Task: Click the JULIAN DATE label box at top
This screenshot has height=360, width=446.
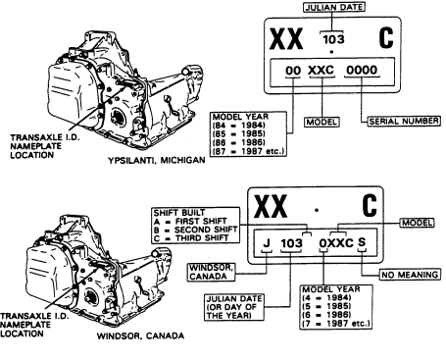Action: pyautogui.click(x=334, y=7)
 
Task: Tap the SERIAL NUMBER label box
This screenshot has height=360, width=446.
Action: pyautogui.click(x=404, y=121)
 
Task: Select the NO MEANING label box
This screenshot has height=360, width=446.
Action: pyautogui.click(x=410, y=275)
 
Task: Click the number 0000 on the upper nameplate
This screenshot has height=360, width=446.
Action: pyautogui.click(x=362, y=70)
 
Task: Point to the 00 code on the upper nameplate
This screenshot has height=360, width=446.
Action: pyautogui.click(x=293, y=71)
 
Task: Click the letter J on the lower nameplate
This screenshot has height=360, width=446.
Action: pyautogui.click(x=267, y=243)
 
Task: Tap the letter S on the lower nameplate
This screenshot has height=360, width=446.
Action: pyautogui.click(x=362, y=242)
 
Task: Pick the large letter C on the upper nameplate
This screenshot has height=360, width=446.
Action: pyautogui.click(x=386, y=38)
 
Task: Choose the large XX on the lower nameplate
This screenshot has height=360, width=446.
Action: pyautogui.click(x=271, y=206)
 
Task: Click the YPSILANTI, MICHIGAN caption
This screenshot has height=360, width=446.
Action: pyautogui.click(x=157, y=160)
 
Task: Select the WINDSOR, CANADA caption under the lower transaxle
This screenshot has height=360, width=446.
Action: pyautogui.click(x=140, y=335)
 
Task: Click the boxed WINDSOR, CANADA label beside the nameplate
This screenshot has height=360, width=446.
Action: pyautogui.click(x=212, y=272)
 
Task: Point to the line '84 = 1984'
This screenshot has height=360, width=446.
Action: pyautogui.click(x=238, y=126)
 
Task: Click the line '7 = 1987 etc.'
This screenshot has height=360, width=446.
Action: pyautogui.click(x=336, y=324)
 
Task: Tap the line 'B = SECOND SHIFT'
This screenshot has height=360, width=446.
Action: pyautogui.click(x=196, y=230)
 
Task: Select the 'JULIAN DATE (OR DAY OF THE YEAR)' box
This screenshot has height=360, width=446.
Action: pyautogui.click(x=234, y=307)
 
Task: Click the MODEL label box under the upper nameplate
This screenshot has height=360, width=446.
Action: pyautogui.click(x=322, y=122)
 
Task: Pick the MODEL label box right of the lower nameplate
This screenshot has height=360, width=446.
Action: pyautogui.click(x=417, y=223)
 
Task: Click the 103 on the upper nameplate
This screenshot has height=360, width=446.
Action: pyautogui.click(x=333, y=39)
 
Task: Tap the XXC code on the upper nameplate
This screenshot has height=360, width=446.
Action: pyautogui.click(x=322, y=70)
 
